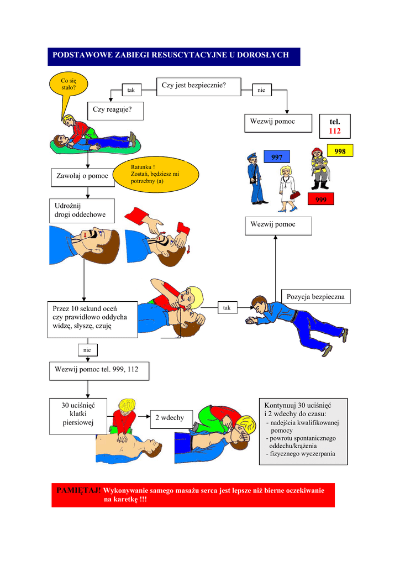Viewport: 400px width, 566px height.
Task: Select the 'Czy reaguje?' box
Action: point(115,111)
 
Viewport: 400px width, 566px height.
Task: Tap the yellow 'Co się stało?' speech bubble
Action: point(69,86)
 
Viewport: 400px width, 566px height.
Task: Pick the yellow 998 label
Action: point(340,151)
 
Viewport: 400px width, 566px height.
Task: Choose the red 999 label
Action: point(321,200)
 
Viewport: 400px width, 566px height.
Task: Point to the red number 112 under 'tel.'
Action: point(335,132)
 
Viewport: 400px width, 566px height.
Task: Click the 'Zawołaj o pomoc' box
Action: point(82,176)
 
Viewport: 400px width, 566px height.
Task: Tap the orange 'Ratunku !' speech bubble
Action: point(155,175)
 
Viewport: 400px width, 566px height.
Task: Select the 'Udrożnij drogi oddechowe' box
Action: point(82,211)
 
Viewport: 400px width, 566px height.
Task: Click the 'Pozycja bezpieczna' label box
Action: point(315,297)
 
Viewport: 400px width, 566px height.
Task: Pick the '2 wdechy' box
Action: point(169,418)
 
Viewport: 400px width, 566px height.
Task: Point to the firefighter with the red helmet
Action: point(319,168)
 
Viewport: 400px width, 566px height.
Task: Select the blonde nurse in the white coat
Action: point(288,188)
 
